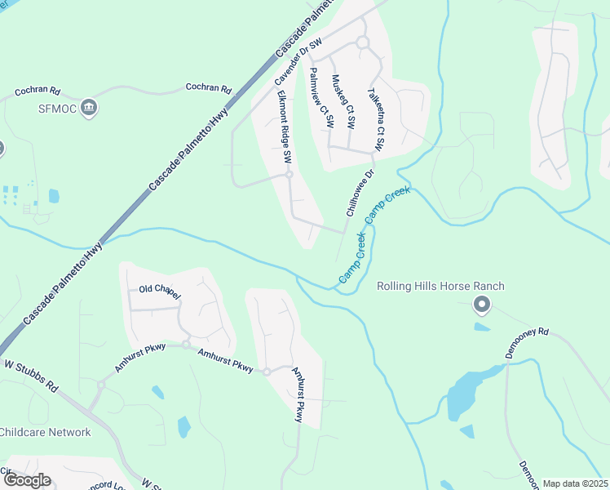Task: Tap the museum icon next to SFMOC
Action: [x=89, y=106]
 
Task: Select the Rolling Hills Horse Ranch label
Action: [x=440, y=286]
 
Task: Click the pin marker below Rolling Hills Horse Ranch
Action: [x=482, y=305]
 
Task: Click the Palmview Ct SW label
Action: [x=321, y=97]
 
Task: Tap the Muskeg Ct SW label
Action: [x=343, y=102]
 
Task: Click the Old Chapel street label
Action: [x=157, y=290]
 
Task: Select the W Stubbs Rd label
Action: [x=31, y=375]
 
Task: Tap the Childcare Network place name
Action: [x=45, y=432]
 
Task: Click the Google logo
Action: [x=26, y=480]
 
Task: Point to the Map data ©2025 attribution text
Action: [x=575, y=483]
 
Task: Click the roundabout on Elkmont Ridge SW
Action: [x=289, y=174]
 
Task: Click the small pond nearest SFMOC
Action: [x=54, y=196]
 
